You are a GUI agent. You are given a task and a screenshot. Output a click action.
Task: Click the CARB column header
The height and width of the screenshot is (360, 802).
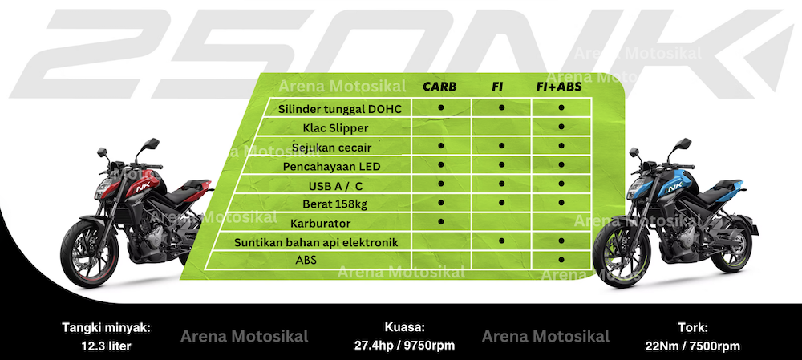439,87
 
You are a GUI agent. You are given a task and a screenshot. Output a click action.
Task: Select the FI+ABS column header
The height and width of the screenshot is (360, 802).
559,87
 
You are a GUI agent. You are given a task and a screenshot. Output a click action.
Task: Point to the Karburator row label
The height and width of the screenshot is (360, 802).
320,224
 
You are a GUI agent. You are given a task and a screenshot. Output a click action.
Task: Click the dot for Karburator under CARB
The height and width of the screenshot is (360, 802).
441,221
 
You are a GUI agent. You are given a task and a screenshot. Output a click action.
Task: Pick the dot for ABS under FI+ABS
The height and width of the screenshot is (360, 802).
561,260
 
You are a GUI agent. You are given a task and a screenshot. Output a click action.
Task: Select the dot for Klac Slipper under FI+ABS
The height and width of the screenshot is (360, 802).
561,127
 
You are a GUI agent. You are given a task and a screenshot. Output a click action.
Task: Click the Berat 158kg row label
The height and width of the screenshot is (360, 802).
334,204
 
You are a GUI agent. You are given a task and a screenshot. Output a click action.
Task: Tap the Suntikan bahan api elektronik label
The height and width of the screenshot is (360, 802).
315,242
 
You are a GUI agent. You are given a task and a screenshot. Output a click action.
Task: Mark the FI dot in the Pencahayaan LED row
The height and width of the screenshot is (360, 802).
501,164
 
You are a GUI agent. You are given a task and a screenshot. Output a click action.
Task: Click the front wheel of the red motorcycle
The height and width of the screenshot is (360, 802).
90,253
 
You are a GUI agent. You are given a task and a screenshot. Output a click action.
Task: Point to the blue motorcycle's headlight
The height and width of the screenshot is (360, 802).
636,187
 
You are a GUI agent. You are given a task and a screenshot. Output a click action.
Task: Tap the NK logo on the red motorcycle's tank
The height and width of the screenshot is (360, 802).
140,188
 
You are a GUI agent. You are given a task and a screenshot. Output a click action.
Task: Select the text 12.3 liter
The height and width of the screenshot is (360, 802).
106,346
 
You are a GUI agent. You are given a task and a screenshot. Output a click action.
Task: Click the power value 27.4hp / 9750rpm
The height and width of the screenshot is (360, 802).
404,346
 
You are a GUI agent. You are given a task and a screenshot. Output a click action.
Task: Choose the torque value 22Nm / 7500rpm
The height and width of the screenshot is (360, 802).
693,346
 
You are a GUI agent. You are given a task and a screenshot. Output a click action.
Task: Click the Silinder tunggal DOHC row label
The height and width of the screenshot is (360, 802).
337,109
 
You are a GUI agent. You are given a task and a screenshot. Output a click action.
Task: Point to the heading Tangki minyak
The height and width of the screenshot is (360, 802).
107,327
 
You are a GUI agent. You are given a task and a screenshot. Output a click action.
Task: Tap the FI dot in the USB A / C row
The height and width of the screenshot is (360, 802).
501,183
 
